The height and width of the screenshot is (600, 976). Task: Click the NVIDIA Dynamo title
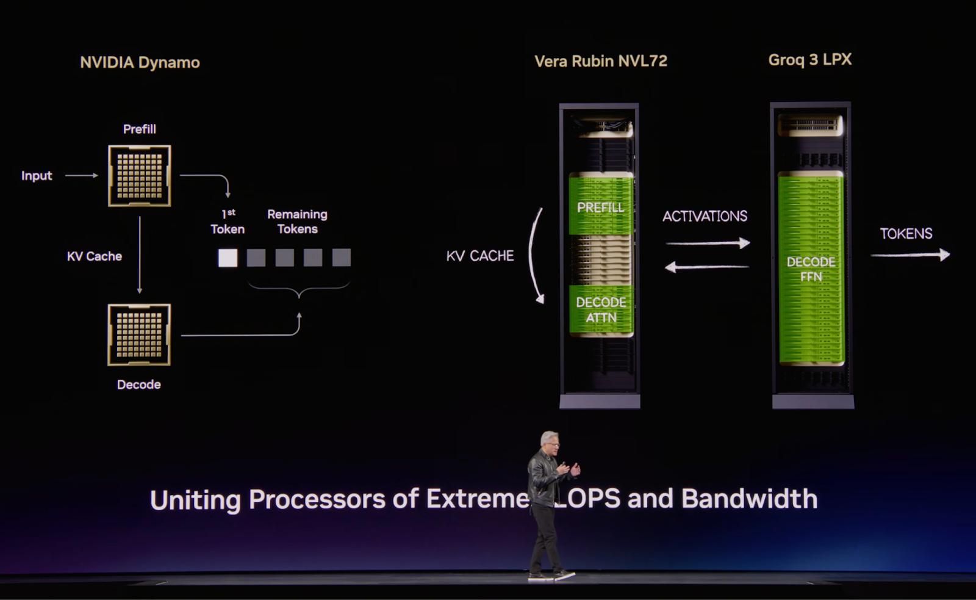pyautogui.click(x=140, y=62)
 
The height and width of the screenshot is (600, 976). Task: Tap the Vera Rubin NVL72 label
pyautogui.click(x=601, y=61)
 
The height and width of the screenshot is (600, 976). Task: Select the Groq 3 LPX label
pyautogui.click(x=809, y=60)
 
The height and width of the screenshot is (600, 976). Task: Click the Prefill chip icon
pyautogui.click(x=140, y=176)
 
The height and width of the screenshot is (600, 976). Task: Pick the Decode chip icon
pyautogui.click(x=139, y=334)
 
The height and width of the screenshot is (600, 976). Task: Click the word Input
pyautogui.click(x=37, y=176)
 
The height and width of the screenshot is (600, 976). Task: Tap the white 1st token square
pyautogui.click(x=228, y=258)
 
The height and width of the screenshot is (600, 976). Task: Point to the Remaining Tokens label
pyautogui.click(x=297, y=222)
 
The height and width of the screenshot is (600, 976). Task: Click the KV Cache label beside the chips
pyautogui.click(x=95, y=256)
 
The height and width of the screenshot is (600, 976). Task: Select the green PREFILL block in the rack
pyautogui.click(x=601, y=206)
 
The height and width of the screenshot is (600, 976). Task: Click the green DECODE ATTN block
pyautogui.click(x=601, y=309)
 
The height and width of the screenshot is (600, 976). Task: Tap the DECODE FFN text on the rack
pyautogui.click(x=811, y=269)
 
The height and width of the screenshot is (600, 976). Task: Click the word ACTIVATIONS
pyautogui.click(x=705, y=216)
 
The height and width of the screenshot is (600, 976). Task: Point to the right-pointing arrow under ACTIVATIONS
pyautogui.click(x=708, y=244)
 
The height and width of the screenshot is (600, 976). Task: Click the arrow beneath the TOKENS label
pyautogui.click(x=910, y=255)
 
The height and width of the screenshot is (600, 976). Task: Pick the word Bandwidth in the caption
pyautogui.click(x=749, y=499)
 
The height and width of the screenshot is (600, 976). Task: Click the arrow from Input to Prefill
pyautogui.click(x=82, y=176)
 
